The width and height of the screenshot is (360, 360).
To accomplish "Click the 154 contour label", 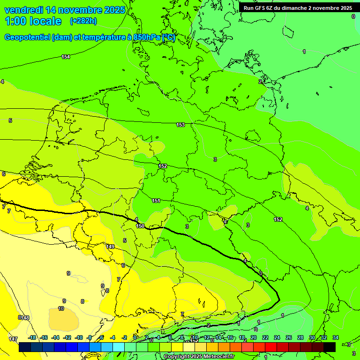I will point(66,57).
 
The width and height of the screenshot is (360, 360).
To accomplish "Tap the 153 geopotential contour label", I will point(180,125).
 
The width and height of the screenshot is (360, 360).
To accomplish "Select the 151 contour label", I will point(156,201).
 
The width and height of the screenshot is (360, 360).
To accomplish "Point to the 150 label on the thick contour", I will point(140,226).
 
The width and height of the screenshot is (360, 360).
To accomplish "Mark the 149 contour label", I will point(110,247).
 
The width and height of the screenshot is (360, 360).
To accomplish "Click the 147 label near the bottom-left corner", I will point(13,338).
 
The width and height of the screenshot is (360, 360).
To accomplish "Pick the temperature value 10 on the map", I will point(61,308).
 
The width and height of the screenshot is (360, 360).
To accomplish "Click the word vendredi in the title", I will point(23,10).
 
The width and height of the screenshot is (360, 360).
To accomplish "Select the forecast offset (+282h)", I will point(83,21).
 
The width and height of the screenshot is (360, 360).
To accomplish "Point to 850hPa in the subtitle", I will point(147,37).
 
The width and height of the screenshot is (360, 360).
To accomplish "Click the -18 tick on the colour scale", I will point(32,337).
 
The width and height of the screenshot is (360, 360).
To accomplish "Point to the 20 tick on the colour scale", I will point(254,337).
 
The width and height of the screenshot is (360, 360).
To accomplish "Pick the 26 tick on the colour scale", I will point(288,337).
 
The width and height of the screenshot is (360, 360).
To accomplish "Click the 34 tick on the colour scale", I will point(335,337).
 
